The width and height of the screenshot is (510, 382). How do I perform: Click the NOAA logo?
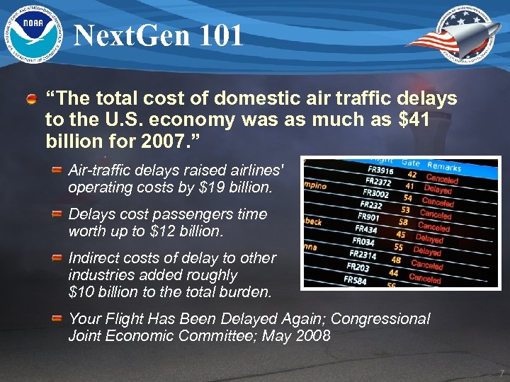point(35,33)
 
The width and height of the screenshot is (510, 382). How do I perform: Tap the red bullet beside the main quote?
point(32,99)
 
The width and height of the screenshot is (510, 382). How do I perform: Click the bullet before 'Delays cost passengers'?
point(57,214)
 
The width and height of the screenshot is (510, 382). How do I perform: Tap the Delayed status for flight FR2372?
point(438,190)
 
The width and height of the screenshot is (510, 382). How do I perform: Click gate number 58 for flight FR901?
point(403,222)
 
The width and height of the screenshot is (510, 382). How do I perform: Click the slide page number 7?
point(501,373)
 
